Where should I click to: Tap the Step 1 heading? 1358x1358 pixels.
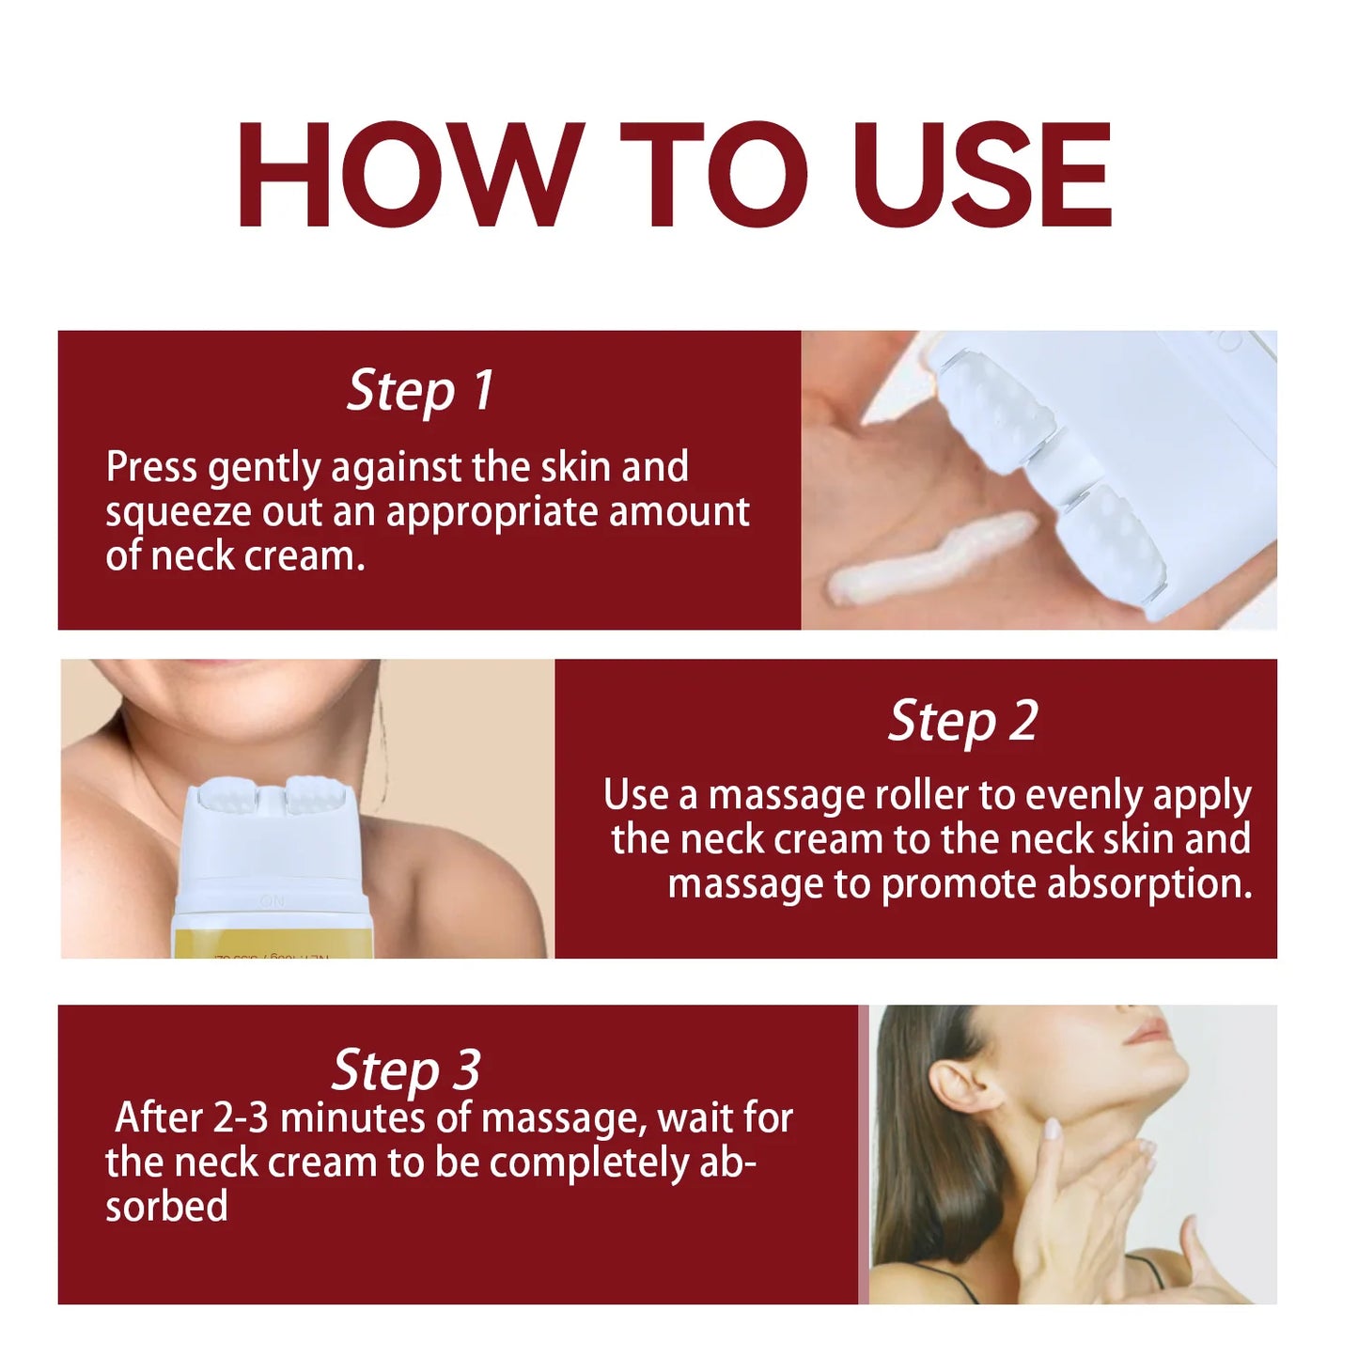(420, 390)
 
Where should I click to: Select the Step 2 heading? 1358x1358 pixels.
(963, 722)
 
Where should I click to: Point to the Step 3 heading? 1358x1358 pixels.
(406, 1069)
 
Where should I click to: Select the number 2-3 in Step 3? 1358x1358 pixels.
(241, 1118)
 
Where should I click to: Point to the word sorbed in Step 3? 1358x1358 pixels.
(166, 1207)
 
